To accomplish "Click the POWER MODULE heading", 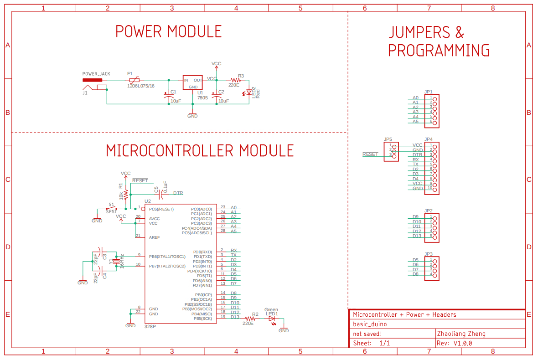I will click(168, 31).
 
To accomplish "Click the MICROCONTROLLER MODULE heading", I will click(200, 150).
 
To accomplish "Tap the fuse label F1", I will click(130, 73).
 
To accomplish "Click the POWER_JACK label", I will click(96, 73).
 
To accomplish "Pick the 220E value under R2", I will click(248, 323).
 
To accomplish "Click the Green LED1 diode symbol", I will click(272, 318).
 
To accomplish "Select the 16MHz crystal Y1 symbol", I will click(116, 261).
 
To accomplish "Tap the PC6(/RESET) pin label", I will click(161, 209).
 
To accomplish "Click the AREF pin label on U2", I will click(154, 237).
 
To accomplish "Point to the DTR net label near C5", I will click(178, 193).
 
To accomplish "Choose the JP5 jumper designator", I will click(388, 139).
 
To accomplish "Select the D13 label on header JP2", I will click(417, 236).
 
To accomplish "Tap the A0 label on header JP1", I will click(415, 98).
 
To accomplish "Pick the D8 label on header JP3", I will click(415, 274).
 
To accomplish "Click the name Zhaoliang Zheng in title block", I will click(461, 334).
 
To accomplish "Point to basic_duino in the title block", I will click(370, 324).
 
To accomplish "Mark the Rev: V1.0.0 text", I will click(454, 343).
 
